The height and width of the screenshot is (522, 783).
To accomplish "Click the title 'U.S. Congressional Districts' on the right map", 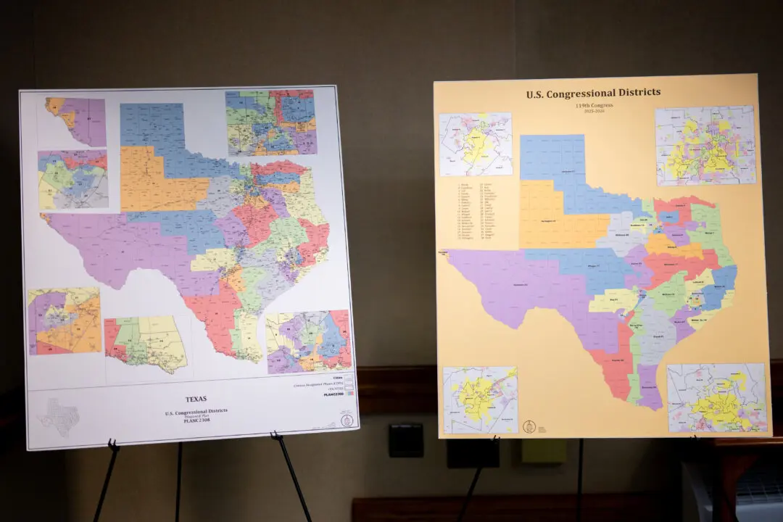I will tap(593, 93).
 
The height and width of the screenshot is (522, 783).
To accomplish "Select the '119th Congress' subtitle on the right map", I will tap(592, 105).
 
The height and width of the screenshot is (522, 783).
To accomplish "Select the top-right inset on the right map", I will tap(705, 146).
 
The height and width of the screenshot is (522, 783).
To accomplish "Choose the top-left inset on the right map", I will tap(476, 144).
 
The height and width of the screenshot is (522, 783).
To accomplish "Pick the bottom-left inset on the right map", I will tap(480, 399).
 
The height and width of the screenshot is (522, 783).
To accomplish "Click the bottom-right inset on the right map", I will tap(716, 398).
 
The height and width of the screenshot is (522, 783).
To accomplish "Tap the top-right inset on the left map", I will tap(270, 123).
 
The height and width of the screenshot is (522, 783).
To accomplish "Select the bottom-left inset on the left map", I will tap(65, 320).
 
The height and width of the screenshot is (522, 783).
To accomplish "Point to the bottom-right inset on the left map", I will tap(308, 341).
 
